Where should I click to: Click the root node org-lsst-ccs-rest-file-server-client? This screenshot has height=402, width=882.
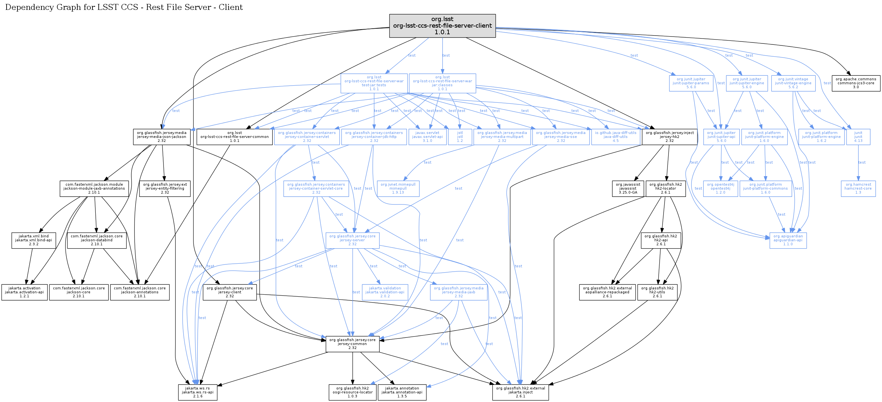pos(442,26)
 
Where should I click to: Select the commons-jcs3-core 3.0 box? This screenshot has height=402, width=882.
pos(856,83)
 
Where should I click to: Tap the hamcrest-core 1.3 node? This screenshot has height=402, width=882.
pos(858,189)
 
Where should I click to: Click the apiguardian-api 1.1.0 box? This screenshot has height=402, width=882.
pos(788,240)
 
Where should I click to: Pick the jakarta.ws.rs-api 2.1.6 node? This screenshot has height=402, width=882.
pos(198,392)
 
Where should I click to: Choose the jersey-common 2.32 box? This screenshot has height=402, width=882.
pos(352,344)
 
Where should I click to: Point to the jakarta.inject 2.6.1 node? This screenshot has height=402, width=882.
pos(520,392)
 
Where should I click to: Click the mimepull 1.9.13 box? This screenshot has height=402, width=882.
pos(398,189)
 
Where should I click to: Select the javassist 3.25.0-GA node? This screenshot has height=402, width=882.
pos(628,189)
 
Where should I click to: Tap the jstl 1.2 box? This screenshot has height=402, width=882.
pos(460,137)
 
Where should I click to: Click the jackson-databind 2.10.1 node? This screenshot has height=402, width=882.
pos(96,240)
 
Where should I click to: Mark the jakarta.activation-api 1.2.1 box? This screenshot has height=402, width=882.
pos(24,292)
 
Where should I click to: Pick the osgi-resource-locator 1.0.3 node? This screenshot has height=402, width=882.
pos(352,392)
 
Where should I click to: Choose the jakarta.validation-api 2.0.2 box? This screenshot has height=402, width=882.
pos(385,292)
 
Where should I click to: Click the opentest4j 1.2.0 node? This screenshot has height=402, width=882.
pos(720,189)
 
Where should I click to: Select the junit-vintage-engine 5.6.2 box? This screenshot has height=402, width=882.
pos(793,83)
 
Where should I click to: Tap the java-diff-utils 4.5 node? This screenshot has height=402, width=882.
pos(615,137)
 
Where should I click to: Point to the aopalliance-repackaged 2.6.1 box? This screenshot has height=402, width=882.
pos(607,292)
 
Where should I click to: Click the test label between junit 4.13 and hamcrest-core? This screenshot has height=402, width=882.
pos(862,162)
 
